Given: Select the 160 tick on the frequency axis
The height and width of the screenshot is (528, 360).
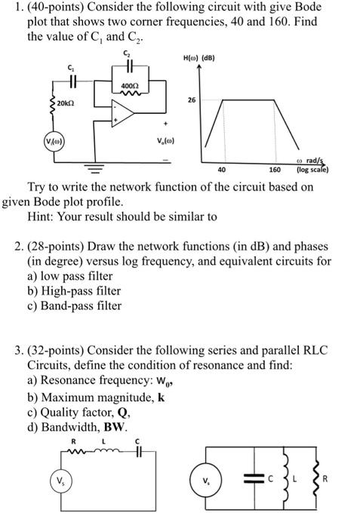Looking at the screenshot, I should [275, 170].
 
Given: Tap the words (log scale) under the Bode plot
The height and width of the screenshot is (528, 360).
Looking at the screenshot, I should [311, 170].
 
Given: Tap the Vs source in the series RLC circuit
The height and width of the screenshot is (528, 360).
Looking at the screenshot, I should [57, 480].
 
